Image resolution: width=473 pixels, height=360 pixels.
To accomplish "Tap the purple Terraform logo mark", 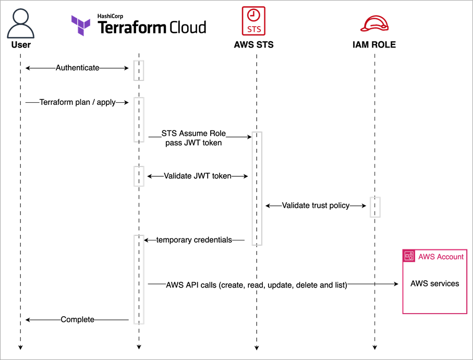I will coord(81,26).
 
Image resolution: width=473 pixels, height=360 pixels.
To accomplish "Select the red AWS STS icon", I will coord(253,20).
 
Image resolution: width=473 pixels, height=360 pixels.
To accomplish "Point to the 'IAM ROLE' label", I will coord(374,45).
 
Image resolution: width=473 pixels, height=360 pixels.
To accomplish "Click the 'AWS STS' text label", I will coord(253,45).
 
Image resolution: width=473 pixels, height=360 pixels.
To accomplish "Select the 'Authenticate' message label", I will coord(77,68).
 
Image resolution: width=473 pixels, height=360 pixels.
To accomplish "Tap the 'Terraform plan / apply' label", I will coord(77,103).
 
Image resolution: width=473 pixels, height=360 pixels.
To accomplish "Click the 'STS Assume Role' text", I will coord(193,134).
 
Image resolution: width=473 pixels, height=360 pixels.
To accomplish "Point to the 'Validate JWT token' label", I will coord(197,176).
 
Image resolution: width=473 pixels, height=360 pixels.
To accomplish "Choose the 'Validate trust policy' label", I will coord(316,206).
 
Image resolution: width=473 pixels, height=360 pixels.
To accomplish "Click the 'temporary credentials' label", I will coord(194,240).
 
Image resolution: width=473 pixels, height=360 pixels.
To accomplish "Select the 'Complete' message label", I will coord(77,319).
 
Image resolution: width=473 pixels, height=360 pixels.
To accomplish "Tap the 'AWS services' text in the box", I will coord(434,284).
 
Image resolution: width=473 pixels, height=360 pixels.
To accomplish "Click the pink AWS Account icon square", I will coord(409,256).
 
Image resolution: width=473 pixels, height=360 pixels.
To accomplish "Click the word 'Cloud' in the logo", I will coord(187,27).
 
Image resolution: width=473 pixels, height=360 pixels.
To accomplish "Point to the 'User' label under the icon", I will coord(21,45).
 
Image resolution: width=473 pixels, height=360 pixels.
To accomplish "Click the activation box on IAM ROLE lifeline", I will coord(375,207).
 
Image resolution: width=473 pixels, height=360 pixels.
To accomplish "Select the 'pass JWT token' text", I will coord(193,142).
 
